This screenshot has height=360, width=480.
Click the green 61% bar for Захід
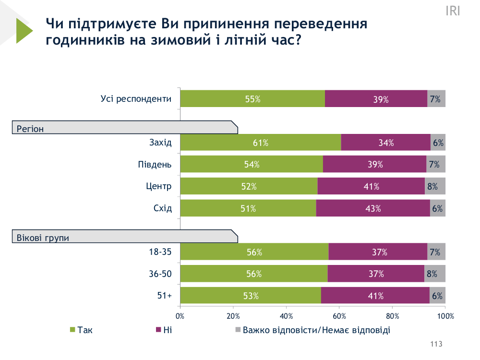click(261, 143)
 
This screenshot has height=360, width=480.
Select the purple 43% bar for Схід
click(373, 208)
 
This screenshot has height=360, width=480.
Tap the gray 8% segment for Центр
click(435, 186)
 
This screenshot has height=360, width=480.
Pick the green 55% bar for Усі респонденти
click(252, 99)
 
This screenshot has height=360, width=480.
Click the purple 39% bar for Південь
click(374, 164)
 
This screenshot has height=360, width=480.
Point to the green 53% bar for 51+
click(251, 296)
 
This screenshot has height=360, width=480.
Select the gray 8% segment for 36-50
click(435, 274)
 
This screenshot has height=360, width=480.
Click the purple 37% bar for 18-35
click(378, 252)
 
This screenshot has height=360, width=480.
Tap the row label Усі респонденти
click(136, 99)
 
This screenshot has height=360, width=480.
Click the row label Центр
click(158, 186)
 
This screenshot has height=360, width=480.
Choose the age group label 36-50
click(160, 274)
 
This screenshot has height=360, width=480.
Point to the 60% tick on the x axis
click(339, 316)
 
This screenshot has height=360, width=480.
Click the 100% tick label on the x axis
click(445, 316)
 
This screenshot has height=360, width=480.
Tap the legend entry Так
click(84, 330)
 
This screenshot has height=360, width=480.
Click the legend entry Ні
click(168, 330)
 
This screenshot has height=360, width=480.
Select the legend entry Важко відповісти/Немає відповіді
click(316, 330)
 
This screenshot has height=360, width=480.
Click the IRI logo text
click(453, 11)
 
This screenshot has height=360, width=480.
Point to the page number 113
click(436, 344)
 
